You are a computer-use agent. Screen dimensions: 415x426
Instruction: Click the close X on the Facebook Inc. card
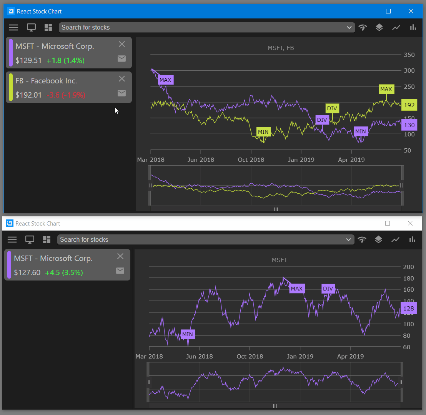[122, 79]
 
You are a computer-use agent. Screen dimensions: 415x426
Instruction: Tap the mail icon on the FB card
[121, 93]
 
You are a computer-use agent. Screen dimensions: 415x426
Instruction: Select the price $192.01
[28, 95]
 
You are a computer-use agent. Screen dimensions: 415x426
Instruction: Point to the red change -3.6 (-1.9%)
[66, 95]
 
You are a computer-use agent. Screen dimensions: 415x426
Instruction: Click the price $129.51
[28, 60]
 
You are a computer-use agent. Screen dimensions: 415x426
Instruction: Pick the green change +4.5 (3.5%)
[64, 272]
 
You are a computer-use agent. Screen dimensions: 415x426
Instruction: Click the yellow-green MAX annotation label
[386, 89]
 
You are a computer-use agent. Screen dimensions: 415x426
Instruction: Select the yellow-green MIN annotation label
[263, 132]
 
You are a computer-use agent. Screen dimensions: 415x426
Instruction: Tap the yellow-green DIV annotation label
[332, 108]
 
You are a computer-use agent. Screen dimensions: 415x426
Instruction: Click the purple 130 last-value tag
[409, 125]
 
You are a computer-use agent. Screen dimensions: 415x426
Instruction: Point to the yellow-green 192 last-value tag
[409, 105]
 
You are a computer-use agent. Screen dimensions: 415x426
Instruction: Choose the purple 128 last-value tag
[408, 308]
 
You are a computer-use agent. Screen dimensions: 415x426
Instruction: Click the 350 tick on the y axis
[409, 55]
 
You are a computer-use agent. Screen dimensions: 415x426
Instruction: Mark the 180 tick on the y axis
[408, 278]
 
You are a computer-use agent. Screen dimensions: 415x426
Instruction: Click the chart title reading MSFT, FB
[281, 48]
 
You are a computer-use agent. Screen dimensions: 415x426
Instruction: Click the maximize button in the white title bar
[388, 223]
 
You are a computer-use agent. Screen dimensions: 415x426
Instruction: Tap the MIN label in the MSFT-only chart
[188, 334]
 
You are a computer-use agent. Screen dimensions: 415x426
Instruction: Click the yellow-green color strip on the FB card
[11, 87]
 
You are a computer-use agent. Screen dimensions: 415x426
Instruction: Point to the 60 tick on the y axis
[406, 347]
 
